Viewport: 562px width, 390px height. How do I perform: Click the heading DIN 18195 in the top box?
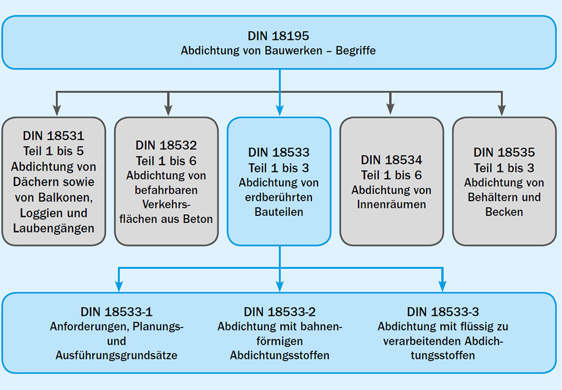point(279,36)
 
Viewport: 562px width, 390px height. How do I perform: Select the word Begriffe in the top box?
point(356,51)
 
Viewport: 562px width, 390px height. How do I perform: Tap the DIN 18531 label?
point(54,136)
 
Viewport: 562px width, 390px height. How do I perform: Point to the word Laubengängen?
point(54,228)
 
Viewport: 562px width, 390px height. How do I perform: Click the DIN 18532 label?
point(166,145)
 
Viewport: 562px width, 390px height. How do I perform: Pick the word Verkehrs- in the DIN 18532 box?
point(166,205)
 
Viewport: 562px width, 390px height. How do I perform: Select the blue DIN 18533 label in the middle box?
point(279,152)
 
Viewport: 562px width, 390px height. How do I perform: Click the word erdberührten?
point(279,197)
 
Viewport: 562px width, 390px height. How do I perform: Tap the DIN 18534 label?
point(391,160)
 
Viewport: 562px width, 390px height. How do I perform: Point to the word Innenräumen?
point(391,205)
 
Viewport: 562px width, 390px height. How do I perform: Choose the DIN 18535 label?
point(504,152)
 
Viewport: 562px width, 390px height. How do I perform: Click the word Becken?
point(504,212)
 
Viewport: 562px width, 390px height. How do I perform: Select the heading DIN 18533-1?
point(116,312)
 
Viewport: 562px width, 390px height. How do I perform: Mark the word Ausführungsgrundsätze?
point(116,355)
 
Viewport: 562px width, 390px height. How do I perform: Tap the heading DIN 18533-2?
point(279,312)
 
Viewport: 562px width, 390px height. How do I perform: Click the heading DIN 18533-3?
point(443,312)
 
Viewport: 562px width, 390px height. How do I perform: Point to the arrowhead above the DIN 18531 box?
point(57,110)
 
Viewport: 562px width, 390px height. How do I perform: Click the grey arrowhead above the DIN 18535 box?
point(502,110)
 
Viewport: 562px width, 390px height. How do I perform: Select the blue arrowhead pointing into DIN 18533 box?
point(280,110)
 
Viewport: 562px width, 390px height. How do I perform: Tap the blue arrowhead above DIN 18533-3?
point(443,286)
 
